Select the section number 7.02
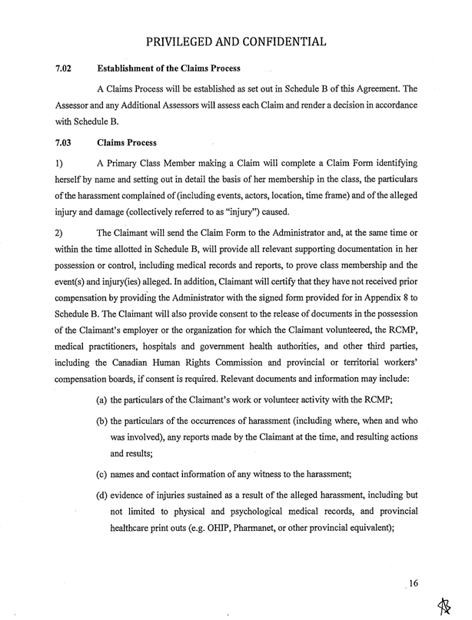coord(64,70)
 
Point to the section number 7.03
coord(64,143)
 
